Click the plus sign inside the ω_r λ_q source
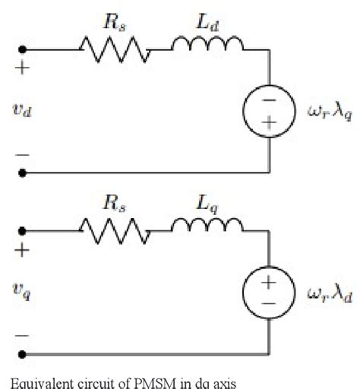pyautogui.click(x=268, y=124)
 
